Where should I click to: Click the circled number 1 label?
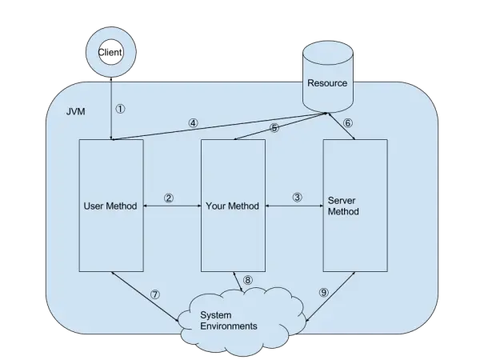coord(122,107)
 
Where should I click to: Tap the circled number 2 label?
coord(169,198)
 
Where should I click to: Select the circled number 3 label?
coord(298,198)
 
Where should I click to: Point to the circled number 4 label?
coord(193,123)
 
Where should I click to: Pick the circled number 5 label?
coord(274,127)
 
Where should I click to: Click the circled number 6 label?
coord(347,123)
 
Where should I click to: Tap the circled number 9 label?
coord(324,293)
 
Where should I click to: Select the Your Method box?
coord(233,240)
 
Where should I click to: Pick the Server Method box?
coord(354,240)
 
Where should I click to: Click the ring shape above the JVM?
coord(109,52)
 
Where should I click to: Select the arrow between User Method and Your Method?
coord(172,206)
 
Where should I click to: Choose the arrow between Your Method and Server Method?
coord(293,206)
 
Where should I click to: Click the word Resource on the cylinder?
coord(327,83)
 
